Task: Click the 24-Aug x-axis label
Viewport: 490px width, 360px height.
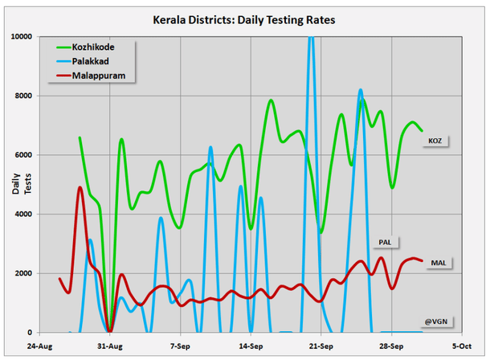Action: [x=40, y=346]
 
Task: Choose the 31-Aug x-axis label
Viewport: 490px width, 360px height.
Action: [x=110, y=346]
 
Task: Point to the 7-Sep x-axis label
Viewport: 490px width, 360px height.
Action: [x=181, y=346]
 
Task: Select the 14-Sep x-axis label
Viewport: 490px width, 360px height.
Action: [x=251, y=346]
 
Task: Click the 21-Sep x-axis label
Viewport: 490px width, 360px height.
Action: [x=321, y=346]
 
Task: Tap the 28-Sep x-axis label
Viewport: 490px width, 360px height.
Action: [x=391, y=346]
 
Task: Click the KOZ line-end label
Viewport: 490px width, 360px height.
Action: [x=435, y=141]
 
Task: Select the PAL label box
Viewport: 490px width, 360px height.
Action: [x=384, y=241]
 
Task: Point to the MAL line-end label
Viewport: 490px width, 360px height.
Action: [x=439, y=263]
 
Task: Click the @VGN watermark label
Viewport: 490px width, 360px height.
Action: [x=436, y=322]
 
